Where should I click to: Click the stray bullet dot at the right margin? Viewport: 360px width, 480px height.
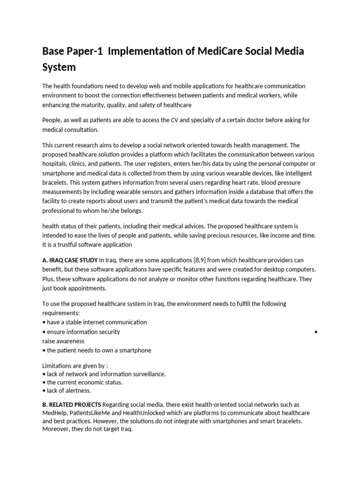(316, 332)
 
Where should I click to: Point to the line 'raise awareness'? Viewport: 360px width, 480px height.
(63, 341)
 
